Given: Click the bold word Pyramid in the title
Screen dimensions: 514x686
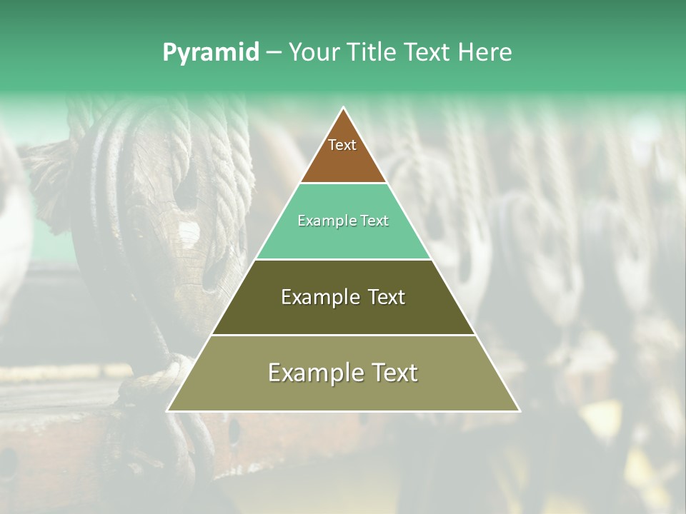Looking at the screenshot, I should (210, 52).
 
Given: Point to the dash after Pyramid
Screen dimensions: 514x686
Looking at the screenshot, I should (274, 53).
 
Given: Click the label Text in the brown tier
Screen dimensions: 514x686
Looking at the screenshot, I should (342, 145).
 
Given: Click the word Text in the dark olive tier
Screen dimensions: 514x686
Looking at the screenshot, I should (387, 297).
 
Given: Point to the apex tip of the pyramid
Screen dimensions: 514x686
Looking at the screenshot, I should (344, 108).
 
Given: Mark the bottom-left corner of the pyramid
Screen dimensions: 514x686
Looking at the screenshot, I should (167, 410).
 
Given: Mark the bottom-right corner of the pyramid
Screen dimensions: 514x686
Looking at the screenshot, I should (520, 410).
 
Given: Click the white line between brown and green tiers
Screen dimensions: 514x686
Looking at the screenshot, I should (343, 183).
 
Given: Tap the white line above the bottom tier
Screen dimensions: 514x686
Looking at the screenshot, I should (343, 335).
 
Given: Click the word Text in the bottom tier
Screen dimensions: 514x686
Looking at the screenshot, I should (393, 373).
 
